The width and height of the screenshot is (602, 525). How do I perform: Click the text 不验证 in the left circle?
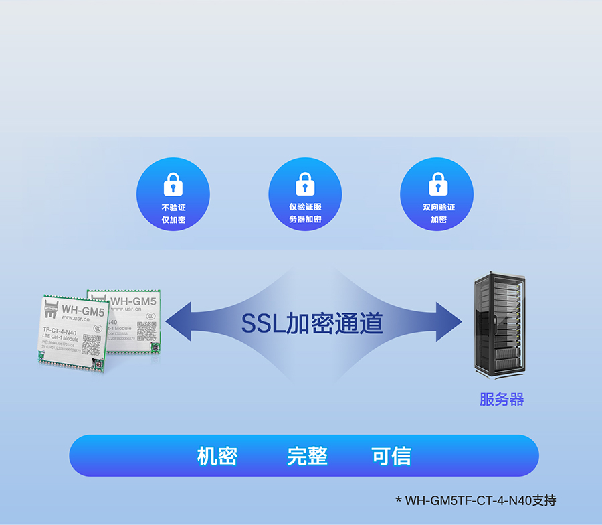[x=173, y=208]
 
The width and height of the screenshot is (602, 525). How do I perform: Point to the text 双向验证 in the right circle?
[x=438, y=208]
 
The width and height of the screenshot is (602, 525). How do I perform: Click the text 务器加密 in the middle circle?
[x=305, y=220]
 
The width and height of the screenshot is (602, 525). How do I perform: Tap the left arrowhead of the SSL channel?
[x=177, y=325]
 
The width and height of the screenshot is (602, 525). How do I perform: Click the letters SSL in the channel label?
[x=262, y=324]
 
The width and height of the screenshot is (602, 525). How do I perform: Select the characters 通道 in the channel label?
[x=360, y=324]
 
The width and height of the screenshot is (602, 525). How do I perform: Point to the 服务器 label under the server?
[x=502, y=400]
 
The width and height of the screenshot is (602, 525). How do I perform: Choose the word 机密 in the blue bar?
[x=217, y=456]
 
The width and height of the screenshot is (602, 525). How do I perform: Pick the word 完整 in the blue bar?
[x=307, y=456]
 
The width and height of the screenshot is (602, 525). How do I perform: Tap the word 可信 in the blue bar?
[x=391, y=456]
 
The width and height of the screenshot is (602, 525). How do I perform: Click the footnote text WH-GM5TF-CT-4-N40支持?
[x=480, y=500]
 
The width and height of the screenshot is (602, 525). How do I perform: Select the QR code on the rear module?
[x=146, y=330]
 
